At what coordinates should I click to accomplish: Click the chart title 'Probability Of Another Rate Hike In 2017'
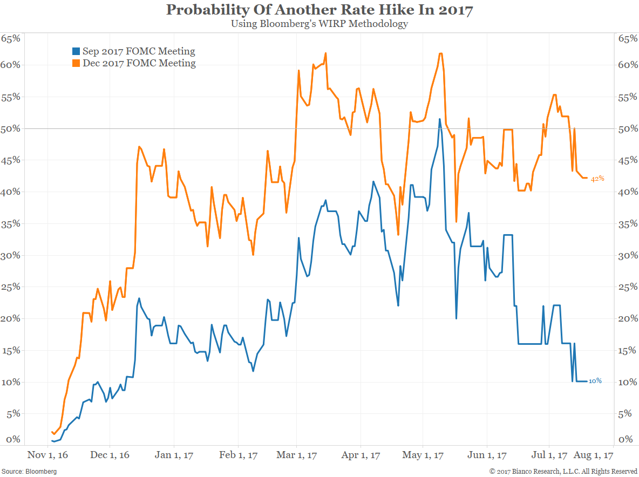319,10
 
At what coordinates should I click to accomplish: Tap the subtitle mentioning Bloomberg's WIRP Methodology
319,24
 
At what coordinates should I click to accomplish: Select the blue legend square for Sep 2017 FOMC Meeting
76,52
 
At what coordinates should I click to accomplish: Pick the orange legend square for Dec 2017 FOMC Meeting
76,64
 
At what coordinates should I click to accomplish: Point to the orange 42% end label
597,179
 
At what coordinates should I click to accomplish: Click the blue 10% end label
595,381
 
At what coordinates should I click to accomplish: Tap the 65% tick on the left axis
10,39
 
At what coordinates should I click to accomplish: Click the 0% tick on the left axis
12,439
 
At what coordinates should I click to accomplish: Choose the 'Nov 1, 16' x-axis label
47,455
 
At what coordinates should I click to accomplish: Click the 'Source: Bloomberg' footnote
30,471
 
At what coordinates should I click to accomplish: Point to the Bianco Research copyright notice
563,471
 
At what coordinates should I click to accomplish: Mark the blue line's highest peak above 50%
440,119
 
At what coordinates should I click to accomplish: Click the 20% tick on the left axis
10,318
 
